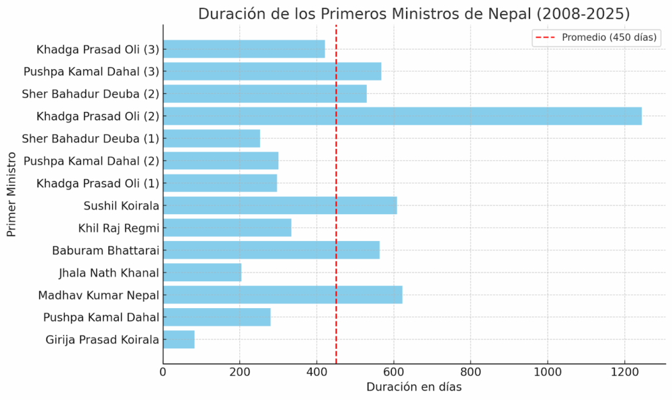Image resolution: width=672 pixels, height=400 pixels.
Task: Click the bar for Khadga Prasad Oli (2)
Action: pos(402,116)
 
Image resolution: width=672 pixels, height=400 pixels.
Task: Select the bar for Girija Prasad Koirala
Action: pos(179,340)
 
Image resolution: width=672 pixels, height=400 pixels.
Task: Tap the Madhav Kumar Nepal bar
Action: pos(282,295)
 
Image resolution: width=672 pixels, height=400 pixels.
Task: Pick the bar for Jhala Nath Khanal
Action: pos(202,272)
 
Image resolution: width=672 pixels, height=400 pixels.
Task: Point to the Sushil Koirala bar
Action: pos(280,205)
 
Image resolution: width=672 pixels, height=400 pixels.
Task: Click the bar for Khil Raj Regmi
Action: pos(227,228)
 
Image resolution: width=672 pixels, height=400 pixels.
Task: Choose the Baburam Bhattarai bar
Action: pos(271,250)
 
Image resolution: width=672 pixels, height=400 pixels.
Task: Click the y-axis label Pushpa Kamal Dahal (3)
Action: pos(91,72)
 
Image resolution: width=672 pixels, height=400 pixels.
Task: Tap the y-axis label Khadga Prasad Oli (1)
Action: pos(98,183)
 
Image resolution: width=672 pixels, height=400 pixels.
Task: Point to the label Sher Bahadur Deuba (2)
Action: pos(91,94)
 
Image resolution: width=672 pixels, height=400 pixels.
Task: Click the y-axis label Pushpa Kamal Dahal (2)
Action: pos(91,161)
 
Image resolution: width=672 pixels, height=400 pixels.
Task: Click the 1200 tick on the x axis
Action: pos(624,370)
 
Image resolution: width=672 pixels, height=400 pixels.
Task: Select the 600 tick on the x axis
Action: pos(394,370)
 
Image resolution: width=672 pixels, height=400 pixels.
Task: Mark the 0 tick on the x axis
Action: pos(163,370)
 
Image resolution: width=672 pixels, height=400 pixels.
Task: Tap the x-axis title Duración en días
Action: pos(414,387)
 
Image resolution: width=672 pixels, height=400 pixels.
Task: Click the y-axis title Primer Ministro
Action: pos(11,195)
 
